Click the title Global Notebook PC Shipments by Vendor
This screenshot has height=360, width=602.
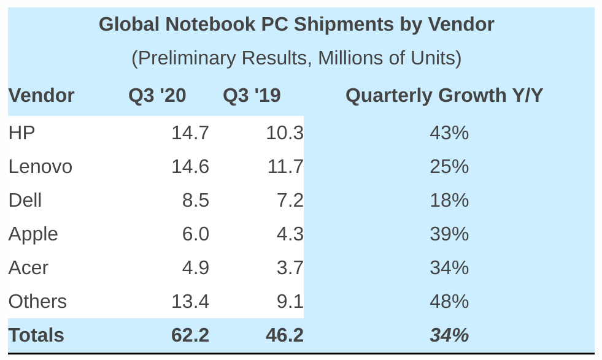[x=296, y=25]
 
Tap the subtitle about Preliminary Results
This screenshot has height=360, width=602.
[x=296, y=58]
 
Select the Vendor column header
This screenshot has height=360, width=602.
[x=41, y=96]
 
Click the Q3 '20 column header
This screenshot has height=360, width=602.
[x=157, y=96]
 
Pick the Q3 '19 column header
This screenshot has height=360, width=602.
[x=252, y=96]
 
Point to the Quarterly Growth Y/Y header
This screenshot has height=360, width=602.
[x=444, y=96]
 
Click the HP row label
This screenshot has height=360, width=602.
[x=21, y=133]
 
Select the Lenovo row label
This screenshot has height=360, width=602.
[x=41, y=167]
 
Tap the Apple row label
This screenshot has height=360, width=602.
[x=33, y=234]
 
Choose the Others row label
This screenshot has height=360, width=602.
[x=37, y=302]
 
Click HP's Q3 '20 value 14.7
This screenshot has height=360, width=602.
[x=190, y=133]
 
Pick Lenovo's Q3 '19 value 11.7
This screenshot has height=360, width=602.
[x=285, y=167]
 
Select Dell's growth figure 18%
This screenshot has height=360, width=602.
[x=449, y=201]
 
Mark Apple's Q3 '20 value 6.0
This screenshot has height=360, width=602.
[x=196, y=234]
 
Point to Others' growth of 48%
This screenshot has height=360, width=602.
[x=449, y=302]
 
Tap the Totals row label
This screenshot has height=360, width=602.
[x=36, y=335]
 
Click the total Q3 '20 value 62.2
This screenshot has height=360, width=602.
[x=190, y=335]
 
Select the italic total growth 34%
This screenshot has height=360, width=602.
[x=449, y=335]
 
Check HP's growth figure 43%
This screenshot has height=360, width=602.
[x=449, y=133]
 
